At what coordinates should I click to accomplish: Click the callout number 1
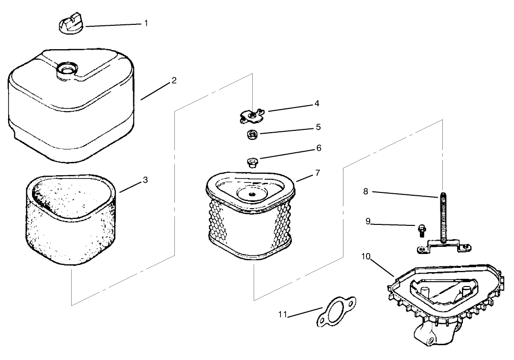click(146, 23)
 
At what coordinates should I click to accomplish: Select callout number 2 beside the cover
click(174, 80)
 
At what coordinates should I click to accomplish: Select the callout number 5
click(318, 127)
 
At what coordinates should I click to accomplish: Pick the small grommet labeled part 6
click(252, 163)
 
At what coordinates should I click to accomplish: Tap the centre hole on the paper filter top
click(251, 195)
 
